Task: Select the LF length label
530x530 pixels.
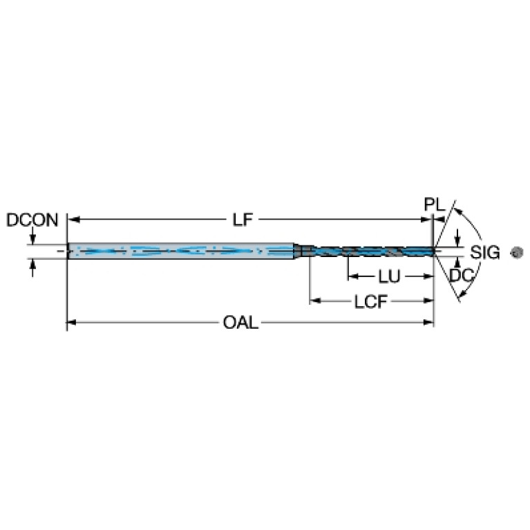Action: [x=241, y=220]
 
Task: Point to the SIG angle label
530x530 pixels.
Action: [x=485, y=252]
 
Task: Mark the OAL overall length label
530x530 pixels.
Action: [x=240, y=323]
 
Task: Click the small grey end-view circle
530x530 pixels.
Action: [x=515, y=252]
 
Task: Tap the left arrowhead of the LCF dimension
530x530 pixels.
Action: [x=315, y=301]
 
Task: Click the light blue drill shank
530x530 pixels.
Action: [x=180, y=251]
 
